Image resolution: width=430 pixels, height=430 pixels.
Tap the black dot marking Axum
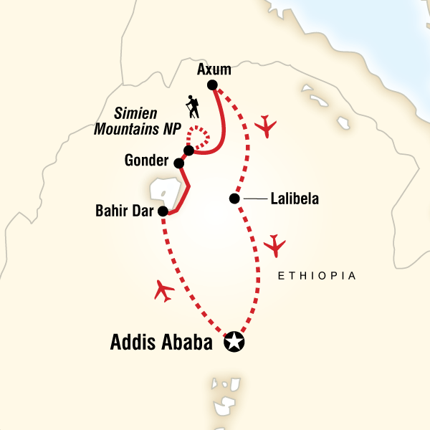click(213, 85)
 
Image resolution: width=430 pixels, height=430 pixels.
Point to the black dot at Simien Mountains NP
click(189, 150)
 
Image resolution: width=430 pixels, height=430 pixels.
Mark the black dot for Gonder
click(179, 163)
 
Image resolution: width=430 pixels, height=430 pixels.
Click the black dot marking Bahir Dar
click(163, 211)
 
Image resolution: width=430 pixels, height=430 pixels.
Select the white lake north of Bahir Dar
click(163, 190)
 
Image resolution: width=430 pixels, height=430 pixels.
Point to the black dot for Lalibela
click(234, 199)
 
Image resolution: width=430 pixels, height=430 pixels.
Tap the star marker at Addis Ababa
click(234, 343)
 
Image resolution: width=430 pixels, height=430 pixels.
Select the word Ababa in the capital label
click(188, 343)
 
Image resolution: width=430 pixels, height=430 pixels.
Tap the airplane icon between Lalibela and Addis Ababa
click(274, 246)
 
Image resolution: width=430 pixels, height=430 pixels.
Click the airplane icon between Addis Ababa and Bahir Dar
click(164, 291)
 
